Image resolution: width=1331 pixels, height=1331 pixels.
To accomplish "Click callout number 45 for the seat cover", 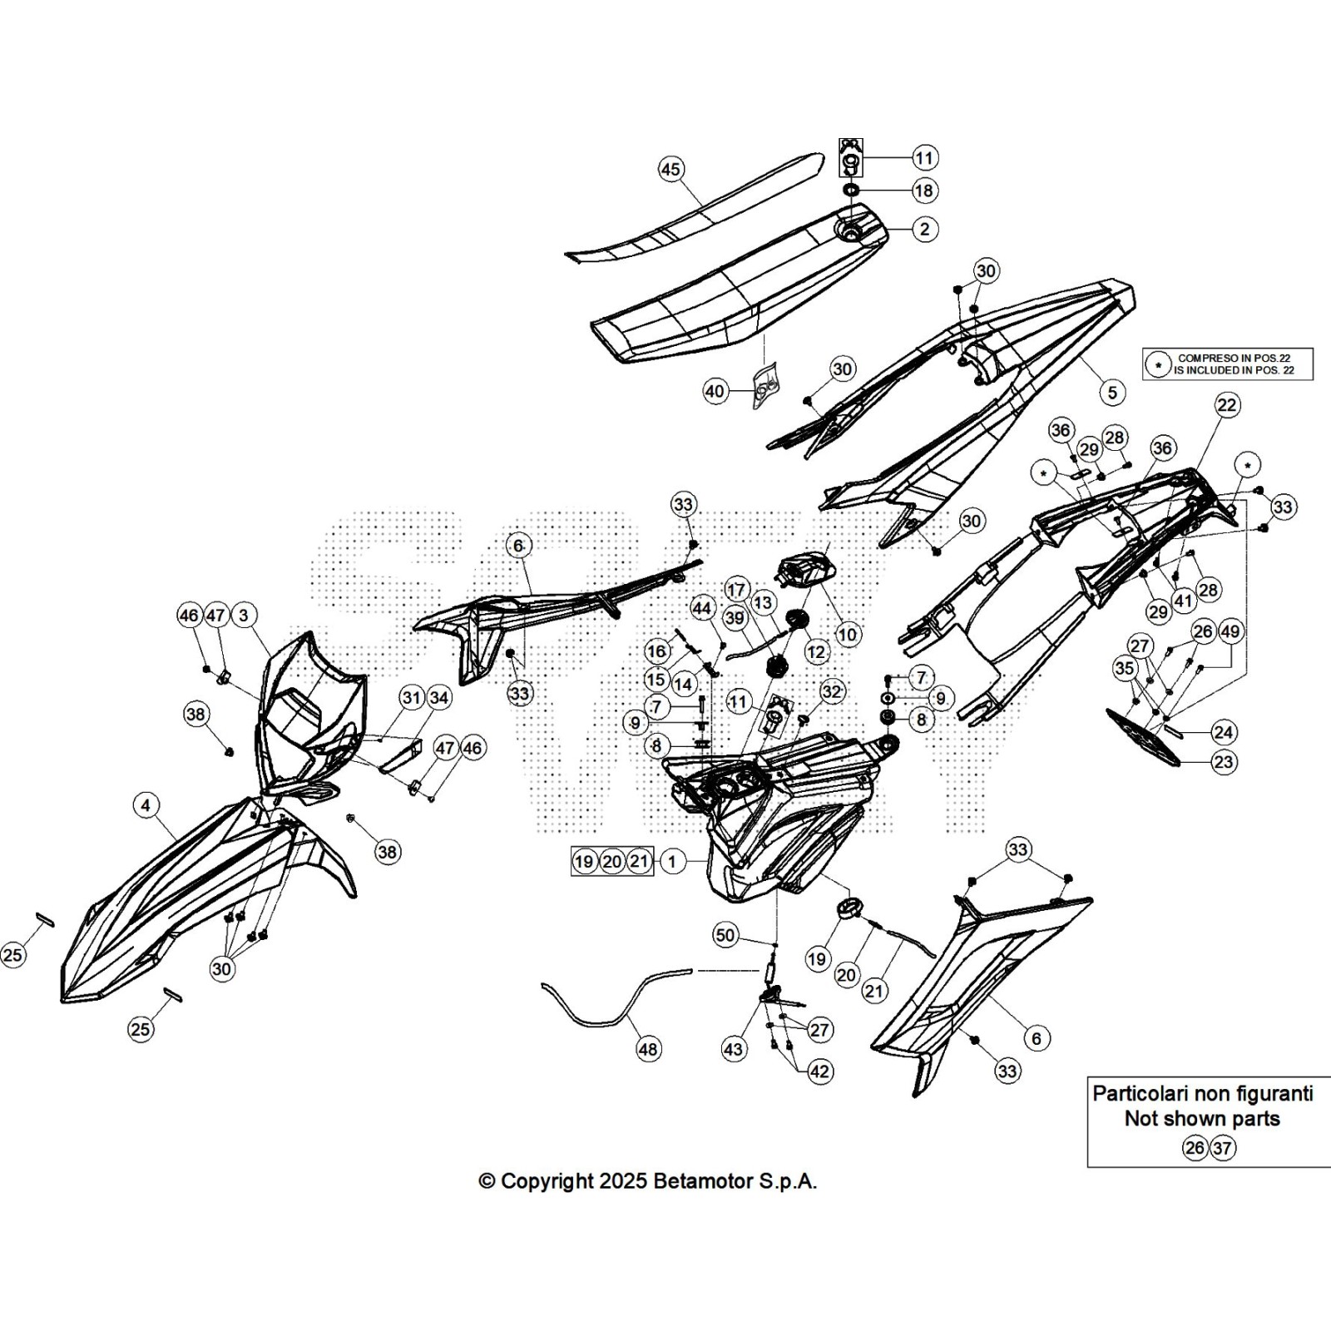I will pyautogui.click(x=670, y=170).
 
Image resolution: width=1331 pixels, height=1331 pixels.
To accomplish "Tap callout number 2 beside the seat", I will pyautogui.click(x=924, y=229).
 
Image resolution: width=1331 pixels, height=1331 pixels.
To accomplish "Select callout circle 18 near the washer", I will pyautogui.click(x=924, y=190).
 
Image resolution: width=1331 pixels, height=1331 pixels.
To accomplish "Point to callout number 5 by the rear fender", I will pyautogui.click(x=1112, y=393).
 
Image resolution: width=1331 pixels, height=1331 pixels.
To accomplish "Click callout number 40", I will pyautogui.click(x=715, y=391).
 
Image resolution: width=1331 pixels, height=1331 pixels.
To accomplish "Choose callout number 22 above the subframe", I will pyautogui.click(x=1227, y=405).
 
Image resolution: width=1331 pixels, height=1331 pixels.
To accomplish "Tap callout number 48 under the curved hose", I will pyautogui.click(x=648, y=1049).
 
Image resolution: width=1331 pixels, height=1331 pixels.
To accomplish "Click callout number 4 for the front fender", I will pyautogui.click(x=146, y=805).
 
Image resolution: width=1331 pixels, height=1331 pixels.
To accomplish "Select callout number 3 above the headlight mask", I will pyautogui.click(x=244, y=616).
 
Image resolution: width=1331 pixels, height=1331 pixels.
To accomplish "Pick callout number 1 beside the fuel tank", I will pyautogui.click(x=672, y=861).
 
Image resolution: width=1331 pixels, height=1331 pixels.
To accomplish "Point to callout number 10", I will pyautogui.click(x=847, y=635).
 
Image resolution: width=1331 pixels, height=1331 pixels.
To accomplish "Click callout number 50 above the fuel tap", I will pyautogui.click(x=725, y=935).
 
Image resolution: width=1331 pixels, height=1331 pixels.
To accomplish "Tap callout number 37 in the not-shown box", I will pyautogui.click(x=1222, y=1148).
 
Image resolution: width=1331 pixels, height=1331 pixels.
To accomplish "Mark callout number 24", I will pyautogui.click(x=1223, y=732).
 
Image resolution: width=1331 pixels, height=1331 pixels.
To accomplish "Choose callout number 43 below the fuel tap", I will pyautogui.click(x=733, y=1049).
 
